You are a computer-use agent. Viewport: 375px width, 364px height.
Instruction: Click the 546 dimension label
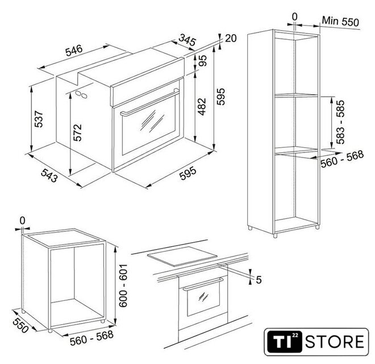click(74, 50)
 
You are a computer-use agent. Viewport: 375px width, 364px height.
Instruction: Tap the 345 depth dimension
click(188, 40)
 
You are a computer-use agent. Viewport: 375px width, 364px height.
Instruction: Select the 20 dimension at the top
click(231, 38)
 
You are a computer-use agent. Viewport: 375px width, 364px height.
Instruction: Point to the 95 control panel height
click(202, 61)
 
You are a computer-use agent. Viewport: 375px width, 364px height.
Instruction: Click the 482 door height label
click(202, 106)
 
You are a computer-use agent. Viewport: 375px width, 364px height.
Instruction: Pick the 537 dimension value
click(39, 119)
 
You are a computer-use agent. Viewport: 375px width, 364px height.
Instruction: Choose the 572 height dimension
click(77, 133)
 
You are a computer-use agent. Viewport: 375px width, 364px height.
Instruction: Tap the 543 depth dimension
click(49, 175)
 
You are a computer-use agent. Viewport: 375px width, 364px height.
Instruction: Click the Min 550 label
click(340, 21)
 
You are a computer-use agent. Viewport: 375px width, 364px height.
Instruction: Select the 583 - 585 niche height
click(340, 122)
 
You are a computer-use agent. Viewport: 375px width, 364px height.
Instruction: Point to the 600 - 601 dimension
click(123, 286)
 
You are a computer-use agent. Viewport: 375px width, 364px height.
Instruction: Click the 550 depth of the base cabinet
click(20, 325)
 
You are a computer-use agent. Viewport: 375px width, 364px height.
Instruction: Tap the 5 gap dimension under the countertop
click(259, 279)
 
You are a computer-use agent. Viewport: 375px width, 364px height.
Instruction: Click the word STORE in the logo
click(335, 342)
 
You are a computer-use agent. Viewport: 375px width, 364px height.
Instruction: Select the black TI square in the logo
click(285, 342)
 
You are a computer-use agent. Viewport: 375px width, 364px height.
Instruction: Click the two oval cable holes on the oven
click(81, 94)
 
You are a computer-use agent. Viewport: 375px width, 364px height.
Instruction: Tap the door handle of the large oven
click(150, 102)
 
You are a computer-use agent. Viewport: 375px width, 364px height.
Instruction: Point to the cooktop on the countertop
click(182, 256)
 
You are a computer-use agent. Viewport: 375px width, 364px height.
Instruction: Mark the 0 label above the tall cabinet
click(295, 16)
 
